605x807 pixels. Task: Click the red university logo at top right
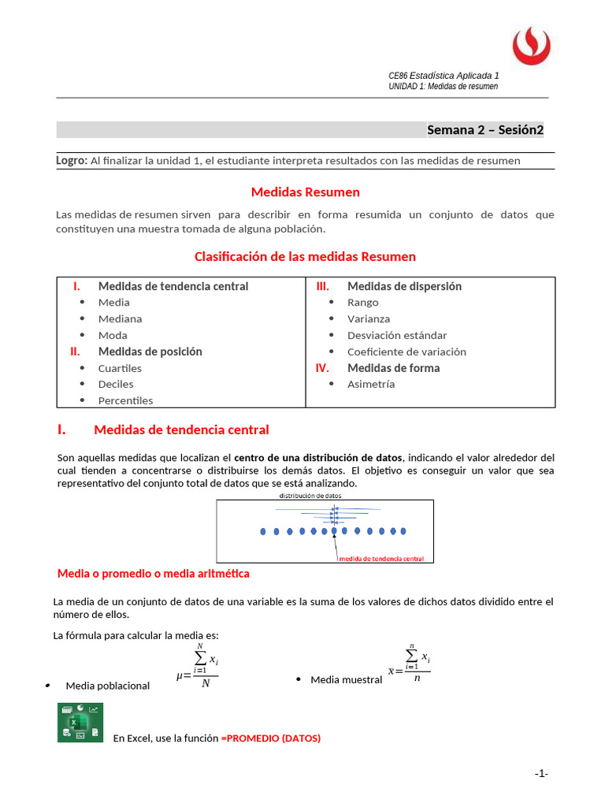point(533,46)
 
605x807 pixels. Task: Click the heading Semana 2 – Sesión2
point(484,130)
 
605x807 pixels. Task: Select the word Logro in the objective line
point(71,160)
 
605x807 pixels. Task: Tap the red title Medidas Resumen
point(305,192)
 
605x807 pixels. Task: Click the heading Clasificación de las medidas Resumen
point(305,257)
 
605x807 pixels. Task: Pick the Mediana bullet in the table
point(120,319)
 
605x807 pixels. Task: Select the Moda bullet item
point(113,336)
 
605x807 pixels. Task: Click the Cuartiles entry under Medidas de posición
point(120,369)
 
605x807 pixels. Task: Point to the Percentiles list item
point(125,401)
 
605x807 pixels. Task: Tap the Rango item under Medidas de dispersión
point(362,303)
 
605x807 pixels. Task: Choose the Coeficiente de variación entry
point(406,352)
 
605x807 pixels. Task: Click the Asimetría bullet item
point(371,385)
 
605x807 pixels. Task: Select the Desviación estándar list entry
point(397,336)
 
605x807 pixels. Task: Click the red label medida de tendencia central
point(381,559)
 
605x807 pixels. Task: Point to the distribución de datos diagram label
point(310,496)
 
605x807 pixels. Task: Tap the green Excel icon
point(80,723)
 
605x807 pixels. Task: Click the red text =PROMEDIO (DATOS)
point(271,738)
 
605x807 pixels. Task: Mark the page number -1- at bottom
point(540,774)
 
